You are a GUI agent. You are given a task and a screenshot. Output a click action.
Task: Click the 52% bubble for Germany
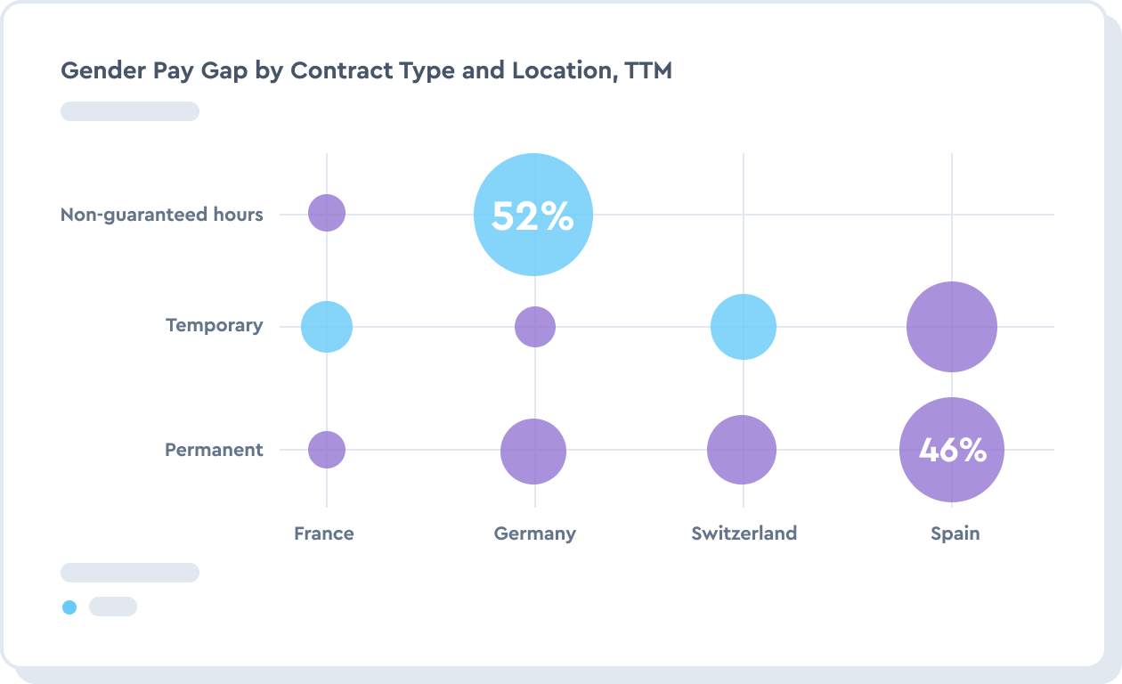533,215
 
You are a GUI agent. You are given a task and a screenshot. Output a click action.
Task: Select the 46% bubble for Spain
952,451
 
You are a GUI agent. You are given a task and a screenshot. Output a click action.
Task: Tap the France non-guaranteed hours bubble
327,213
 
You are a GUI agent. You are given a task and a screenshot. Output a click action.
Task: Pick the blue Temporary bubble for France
327,327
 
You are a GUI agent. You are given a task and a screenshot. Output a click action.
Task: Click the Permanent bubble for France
327,450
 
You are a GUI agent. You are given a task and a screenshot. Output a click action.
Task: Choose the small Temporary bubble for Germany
535,327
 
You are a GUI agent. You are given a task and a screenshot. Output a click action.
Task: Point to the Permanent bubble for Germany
533,452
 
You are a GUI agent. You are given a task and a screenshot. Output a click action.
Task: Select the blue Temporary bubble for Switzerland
744,327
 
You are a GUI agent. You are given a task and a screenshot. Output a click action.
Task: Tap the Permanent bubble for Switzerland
742,450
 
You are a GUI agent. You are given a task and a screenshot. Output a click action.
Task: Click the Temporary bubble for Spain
952,327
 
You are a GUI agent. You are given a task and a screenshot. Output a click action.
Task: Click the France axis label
324,533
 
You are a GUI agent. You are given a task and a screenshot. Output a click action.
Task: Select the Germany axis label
535,533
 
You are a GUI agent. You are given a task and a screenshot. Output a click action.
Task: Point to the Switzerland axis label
744,533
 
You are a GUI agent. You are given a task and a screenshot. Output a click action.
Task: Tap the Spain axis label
955,533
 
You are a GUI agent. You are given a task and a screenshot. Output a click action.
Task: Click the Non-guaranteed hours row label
162,215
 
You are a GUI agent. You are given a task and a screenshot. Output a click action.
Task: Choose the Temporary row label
215,325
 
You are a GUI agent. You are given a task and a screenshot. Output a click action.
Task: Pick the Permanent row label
214,450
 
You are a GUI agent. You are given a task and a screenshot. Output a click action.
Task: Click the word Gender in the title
95,70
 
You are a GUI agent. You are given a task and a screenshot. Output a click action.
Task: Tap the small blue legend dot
69,607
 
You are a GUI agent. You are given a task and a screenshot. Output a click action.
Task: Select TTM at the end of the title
648,70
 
